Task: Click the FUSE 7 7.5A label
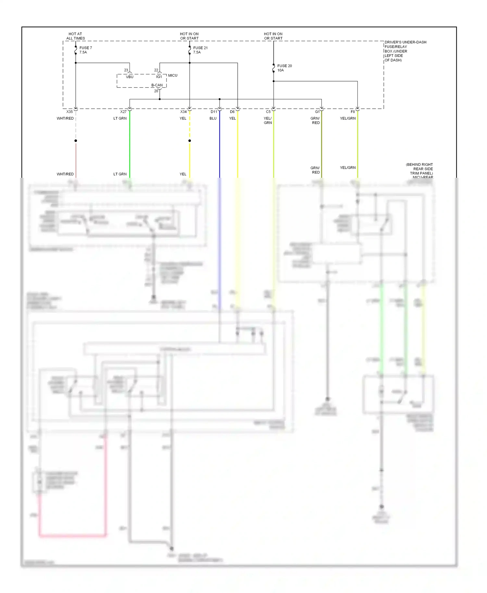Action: pos(85,50)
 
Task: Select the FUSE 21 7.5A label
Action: pos(200,50)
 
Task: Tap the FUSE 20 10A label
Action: pos(284,68)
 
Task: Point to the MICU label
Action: pos(173,75)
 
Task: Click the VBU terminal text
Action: pos(130,77)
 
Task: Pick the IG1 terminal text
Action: pos(159,77)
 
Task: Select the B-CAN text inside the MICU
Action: pos(157,85)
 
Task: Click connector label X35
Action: pos(69,112)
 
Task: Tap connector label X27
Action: pos(123,112)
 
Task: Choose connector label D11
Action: pos(214,112)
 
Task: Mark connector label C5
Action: pos(268,112)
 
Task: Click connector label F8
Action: pos(353,112)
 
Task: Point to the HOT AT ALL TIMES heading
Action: pos(75,36)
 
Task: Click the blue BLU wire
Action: pos(219,146)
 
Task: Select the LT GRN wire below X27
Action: pos(130,146)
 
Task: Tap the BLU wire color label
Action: pos(213,118)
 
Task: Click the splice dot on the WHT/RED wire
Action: pos(76,141)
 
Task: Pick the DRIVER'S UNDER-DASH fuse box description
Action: pos(405,51)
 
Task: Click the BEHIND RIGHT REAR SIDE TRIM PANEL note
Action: pos(419,169)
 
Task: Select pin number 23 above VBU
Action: pos(126,70)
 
